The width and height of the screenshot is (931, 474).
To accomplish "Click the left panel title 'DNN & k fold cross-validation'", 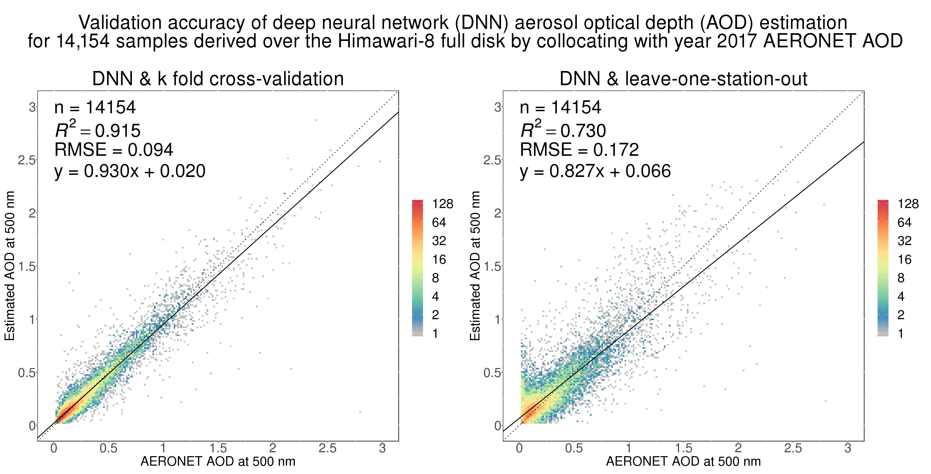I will [x=218, y=79].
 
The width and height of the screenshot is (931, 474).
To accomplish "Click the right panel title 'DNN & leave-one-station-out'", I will [x=684, y=79].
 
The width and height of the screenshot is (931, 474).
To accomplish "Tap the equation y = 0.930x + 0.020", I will [x=130, y=171].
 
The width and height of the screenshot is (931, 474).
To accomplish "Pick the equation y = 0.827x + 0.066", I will [x=595, y=171].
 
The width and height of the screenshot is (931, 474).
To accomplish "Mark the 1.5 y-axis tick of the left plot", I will [x=27, y=266].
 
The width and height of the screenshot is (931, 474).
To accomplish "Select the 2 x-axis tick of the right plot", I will [x=738, y=449].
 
